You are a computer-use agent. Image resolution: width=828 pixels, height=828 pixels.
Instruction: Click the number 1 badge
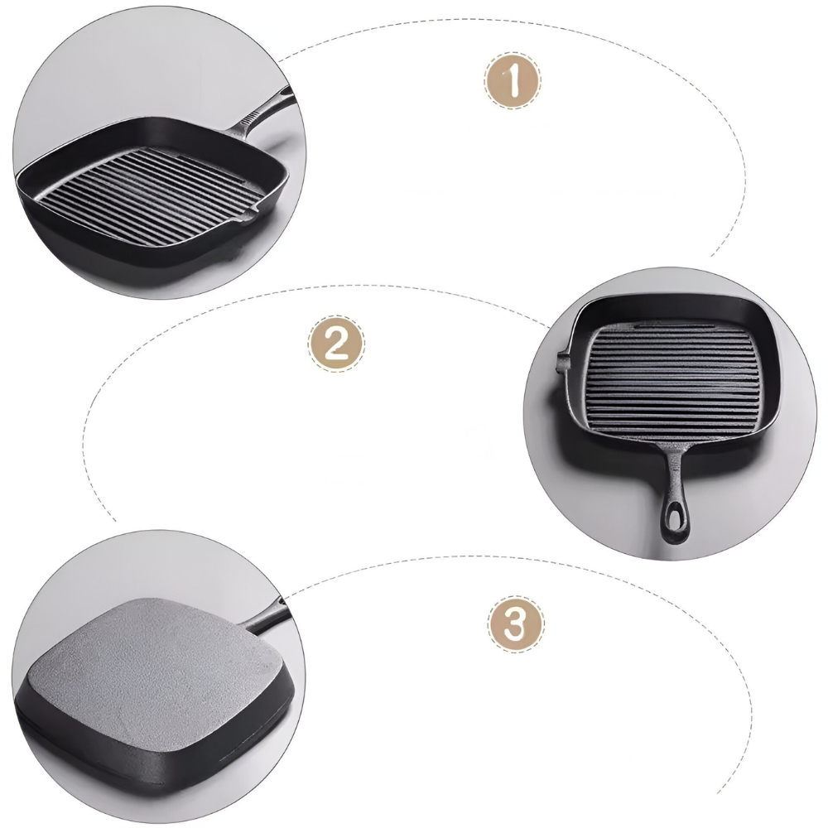513,80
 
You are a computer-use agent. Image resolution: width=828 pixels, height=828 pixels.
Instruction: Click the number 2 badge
336,344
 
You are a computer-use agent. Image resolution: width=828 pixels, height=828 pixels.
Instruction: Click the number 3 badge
515,624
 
